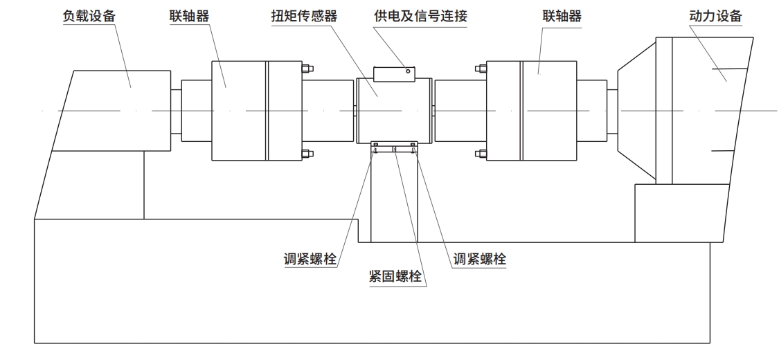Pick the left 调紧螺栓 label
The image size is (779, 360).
[x=310, y=260]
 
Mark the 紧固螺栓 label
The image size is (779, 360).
[x=397, y=277]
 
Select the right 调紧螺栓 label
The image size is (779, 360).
[x=479, y=260]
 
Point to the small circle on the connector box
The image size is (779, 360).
[x=409, y=70]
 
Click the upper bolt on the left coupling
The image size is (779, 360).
[x=307, y=68]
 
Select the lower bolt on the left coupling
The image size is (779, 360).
[x=307, y=153]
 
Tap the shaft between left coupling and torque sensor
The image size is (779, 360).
[x=328, y=111]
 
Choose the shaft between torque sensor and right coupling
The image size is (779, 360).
[x=460, y=111]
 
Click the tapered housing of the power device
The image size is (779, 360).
[x=636, y=111]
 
